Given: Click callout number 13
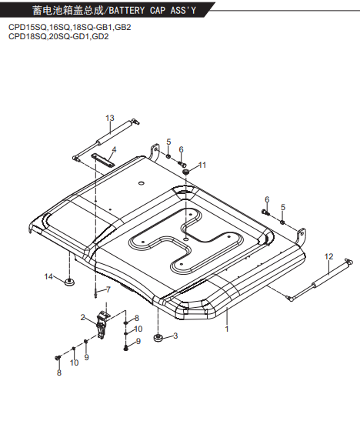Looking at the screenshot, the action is [x=110, y=118].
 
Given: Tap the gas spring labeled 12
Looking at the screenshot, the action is [x=316, y=280].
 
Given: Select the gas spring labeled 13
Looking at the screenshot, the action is [x=106, y=139].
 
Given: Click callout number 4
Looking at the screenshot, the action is [x=114, y=149].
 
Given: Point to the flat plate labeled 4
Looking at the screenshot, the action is [x=103, y=160].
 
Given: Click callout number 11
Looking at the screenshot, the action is [x=202, y=165].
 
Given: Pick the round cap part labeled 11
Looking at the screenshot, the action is [x=186, y=172].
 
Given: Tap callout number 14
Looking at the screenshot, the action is [x=48, y=276].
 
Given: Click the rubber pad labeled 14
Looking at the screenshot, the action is [x=69, y=282].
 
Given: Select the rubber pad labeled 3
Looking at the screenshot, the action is [x=158, y=338].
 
